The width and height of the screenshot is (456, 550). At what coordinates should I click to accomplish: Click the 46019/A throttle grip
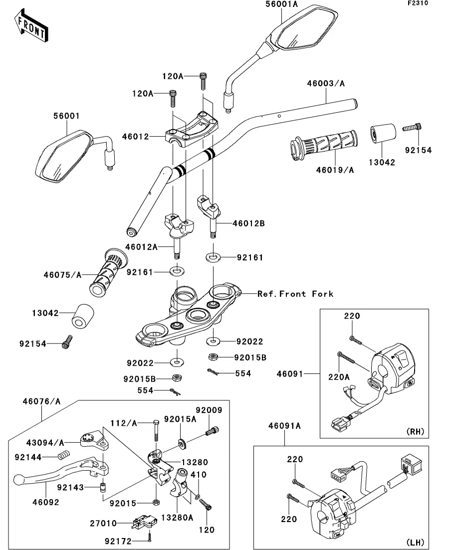324,145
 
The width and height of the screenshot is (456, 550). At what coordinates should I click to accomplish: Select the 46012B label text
248,223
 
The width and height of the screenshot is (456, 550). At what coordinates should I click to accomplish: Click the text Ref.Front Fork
295,294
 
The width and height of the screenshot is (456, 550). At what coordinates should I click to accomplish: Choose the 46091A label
285,426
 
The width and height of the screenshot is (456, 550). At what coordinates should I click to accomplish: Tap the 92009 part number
209,410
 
